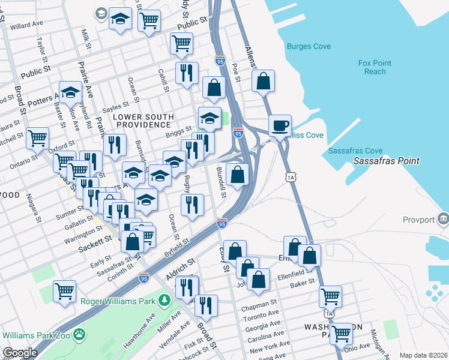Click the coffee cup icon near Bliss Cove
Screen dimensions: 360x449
coord(280,126)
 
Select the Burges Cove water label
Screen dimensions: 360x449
coord(309,46)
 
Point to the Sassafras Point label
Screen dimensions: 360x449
coord(385,161)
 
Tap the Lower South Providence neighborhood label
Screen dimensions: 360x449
coord(144,121)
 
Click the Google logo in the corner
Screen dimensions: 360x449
coord(19,353)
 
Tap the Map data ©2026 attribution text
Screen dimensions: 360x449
coord(423,355)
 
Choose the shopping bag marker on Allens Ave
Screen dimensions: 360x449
coord(263,80)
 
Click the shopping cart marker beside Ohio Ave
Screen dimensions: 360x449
coord(341,333)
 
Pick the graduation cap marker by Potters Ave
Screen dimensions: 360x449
coord(70,92)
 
